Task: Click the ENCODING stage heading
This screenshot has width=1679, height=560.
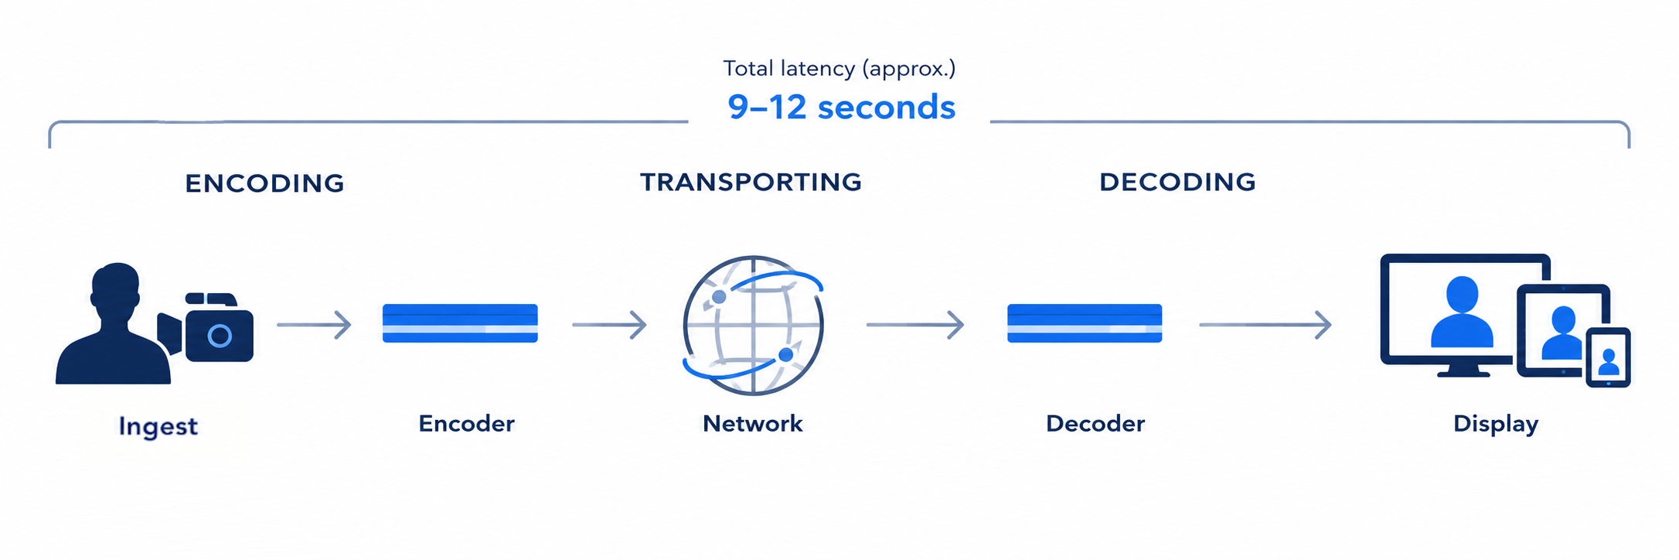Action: click(264, 183)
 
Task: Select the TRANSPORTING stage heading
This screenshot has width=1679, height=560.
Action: click(751, 182)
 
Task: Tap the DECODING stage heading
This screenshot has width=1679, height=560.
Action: click(1177, 182)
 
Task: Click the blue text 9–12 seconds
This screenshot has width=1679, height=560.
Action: click(841, 107)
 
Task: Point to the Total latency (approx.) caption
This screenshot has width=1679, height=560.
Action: click(839, 68)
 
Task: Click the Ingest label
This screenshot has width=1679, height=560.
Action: click(158, 426)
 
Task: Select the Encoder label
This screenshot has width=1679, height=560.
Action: click(466, 423)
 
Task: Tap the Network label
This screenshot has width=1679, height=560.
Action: click(752, 423)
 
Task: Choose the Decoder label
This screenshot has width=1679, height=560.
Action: click(1095, 423)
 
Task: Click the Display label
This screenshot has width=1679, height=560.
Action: click(1496, 424)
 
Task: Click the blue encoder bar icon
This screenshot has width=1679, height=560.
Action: click(460, 323)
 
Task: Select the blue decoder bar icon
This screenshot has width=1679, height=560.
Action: click(1085, 323)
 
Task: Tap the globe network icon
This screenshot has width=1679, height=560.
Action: click(753, 325)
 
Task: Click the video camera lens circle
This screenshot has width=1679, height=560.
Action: click(220, 336)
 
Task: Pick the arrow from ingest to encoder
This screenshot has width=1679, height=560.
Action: click(314, 325)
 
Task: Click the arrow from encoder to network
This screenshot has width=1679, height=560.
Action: click(609, 325)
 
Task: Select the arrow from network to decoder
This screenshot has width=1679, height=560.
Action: click(915, 325)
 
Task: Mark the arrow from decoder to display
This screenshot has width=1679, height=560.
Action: click(1265, 325)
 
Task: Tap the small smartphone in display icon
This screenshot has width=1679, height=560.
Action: click(1609, 357)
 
